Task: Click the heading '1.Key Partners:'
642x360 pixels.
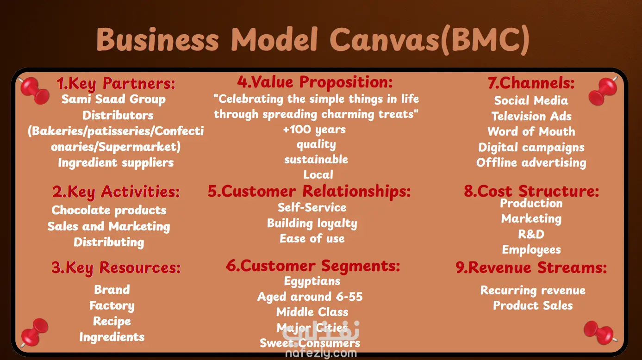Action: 116,84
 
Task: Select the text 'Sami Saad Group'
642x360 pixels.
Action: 113,99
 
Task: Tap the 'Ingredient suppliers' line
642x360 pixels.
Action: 116,162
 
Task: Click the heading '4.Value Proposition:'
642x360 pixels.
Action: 315,82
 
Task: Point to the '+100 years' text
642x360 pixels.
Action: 314,130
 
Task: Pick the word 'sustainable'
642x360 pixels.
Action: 316,159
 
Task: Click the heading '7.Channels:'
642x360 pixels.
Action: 531,83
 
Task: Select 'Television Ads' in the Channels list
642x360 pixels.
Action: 531,116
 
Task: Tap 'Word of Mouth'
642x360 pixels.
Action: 531,131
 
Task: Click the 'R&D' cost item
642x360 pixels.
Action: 531,234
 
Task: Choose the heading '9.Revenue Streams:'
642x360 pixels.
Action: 531,268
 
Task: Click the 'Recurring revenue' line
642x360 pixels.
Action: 533,290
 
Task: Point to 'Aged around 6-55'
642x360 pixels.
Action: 310,297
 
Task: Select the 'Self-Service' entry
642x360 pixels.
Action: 312,207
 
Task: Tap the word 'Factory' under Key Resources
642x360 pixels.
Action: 112,305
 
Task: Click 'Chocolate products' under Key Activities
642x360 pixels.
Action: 109,210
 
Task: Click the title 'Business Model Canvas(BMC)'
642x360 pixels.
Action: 312,40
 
